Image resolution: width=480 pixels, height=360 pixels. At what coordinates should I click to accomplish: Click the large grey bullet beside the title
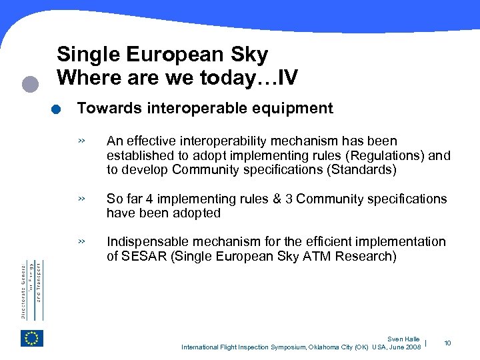[29, 84]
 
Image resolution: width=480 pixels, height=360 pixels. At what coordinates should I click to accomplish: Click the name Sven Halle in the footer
[403, 339]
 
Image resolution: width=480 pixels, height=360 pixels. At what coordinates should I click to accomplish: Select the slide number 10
[447, 343]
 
